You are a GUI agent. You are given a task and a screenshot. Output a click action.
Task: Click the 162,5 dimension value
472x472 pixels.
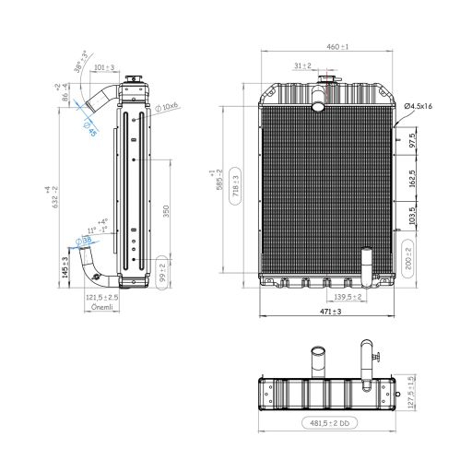tap(412, 177)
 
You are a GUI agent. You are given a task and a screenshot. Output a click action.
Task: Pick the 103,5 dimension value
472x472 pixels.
tap(412, 217)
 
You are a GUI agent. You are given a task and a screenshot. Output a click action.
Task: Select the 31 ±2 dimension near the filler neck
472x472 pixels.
tap(302, 66)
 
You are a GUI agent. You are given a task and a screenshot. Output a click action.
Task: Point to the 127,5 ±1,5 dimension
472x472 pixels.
tap(411, 388)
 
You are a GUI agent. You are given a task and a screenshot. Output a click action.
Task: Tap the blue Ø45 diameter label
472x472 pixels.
tap(90, 128)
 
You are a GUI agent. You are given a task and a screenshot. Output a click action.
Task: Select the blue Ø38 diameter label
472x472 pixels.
tap(85, 242)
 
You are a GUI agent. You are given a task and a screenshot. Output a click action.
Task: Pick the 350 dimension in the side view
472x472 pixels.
tap(167, 211)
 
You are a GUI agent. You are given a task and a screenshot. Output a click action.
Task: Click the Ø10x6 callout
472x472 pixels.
tap(167, 107)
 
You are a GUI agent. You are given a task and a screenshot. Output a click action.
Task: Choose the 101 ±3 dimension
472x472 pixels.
tap(104, 67)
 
